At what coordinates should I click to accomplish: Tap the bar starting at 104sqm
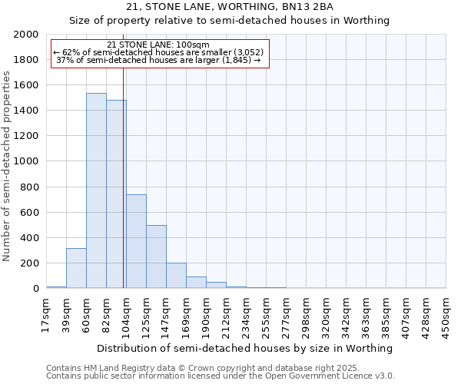point(136,241)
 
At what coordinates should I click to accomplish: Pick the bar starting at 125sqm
point(156,257)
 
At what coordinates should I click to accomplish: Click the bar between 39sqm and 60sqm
point(76,268)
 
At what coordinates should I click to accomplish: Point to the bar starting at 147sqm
point(176,276)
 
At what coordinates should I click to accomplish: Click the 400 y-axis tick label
point(30,238)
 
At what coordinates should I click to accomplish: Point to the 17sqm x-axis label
point(46,313)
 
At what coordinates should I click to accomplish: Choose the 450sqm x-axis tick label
point(446,313)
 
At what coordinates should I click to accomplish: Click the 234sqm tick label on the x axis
point(246,313)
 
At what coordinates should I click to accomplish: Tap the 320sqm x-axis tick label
point(326,313)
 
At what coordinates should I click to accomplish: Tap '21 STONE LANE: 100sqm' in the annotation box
point(158,45)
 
